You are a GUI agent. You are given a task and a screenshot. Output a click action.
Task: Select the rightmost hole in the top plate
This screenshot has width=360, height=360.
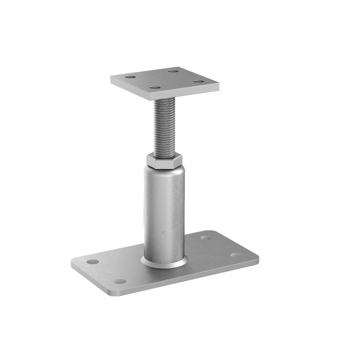(198, 81)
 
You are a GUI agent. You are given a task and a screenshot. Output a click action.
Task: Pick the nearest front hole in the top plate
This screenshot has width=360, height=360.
(154, 87)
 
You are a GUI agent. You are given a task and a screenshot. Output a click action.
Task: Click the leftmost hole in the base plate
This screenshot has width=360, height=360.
(93, 261)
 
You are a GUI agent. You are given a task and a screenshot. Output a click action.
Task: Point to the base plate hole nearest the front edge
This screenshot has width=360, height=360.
(120, 281)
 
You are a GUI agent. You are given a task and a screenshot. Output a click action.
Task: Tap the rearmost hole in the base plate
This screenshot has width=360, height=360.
(206, 238)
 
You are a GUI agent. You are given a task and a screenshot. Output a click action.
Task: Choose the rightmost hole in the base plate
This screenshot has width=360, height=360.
(236, 255)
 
